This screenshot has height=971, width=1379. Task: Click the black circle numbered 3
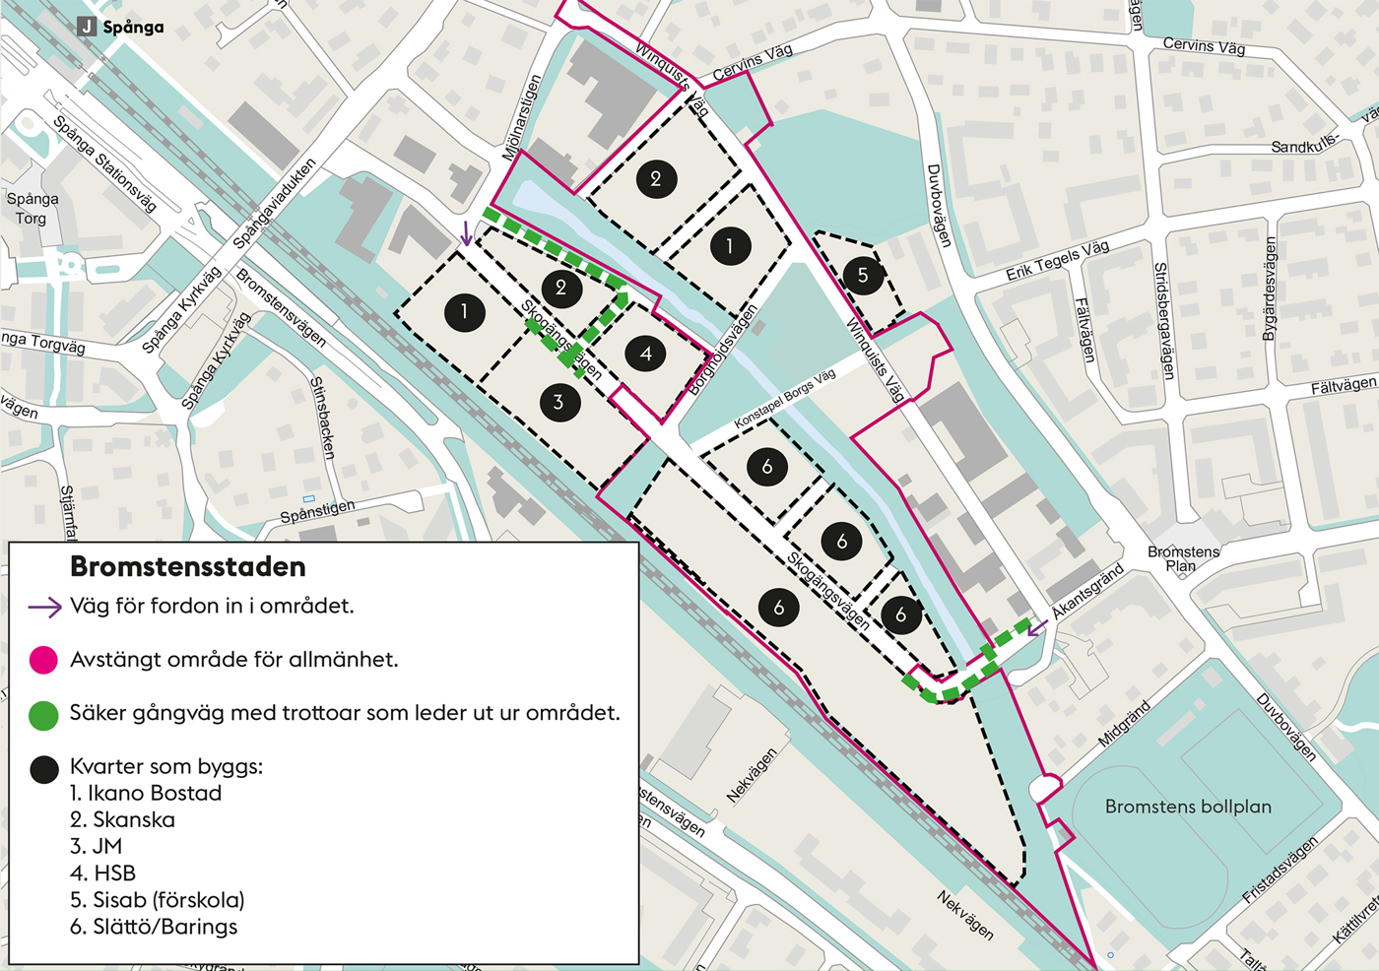tap(559, 402)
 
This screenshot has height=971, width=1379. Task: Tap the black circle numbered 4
tap(646, 354)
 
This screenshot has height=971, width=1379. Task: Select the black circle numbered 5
tap(863, 276)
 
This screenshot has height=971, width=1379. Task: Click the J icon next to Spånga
tap(87, 27)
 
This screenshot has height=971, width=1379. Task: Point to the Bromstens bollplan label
tap(1187, 807)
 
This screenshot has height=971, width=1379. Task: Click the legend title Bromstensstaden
tap(188, 567)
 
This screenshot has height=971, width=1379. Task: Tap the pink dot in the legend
tap(43, 660)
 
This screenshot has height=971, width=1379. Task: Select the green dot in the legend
tap(43, 715)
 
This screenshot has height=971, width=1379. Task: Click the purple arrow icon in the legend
tap(44, 608)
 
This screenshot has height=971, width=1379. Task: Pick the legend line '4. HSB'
tap(102, 874)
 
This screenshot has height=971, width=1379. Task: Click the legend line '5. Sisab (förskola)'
tap(157, 900)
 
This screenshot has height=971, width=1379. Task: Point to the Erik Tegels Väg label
tap(1057, 260)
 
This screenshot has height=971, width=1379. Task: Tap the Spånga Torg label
tap(32, 208)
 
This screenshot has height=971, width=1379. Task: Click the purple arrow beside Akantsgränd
tap(1036, 627)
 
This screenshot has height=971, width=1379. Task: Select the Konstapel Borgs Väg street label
tap(784, 398)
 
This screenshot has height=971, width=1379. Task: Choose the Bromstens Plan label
tap(1183, 558)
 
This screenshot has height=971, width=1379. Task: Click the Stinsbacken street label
tap(323, 418)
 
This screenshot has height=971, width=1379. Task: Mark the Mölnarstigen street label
tap(521, 118)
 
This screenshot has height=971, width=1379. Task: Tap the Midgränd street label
tap(1124, 724)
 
